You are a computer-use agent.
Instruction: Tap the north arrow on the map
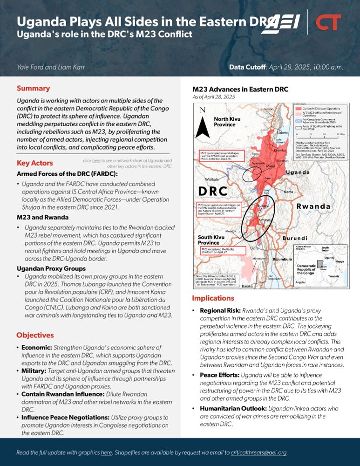click(202, 123)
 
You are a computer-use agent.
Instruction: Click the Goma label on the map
click(288, 192)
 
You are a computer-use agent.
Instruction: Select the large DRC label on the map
click(212, 191)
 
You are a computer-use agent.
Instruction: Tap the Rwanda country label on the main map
click(314, 206)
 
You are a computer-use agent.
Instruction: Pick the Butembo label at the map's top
click(267, 109)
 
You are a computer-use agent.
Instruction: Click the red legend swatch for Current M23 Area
click(298, 108)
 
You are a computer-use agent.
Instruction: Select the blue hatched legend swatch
click(298, 120)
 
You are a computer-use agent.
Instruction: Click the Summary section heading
click(33, 88)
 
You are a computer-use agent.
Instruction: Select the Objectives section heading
click(35, 335)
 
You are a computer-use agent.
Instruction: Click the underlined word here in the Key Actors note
click(96, 161)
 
